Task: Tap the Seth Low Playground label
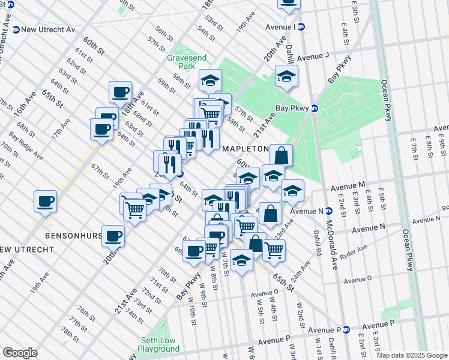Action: pos(158,344)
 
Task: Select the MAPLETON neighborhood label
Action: pos(245,148)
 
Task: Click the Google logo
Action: pos(20,353)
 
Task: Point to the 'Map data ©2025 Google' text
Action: pos(412,355)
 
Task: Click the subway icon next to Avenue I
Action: pos(302,26)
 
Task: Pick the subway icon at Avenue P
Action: pos(346,330)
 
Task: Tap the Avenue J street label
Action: pos(313,56)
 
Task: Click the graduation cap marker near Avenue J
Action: pos(286,77)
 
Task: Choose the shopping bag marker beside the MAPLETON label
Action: pos(281,156)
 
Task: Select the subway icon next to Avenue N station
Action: pos(330,211)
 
